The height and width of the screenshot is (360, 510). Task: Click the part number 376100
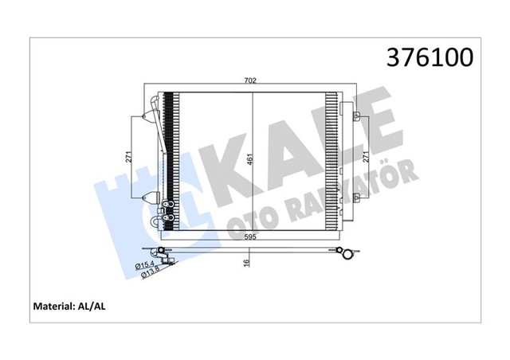430,57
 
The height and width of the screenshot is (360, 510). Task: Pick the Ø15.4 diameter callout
146,264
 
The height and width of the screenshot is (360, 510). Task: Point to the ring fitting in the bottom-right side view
345,256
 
